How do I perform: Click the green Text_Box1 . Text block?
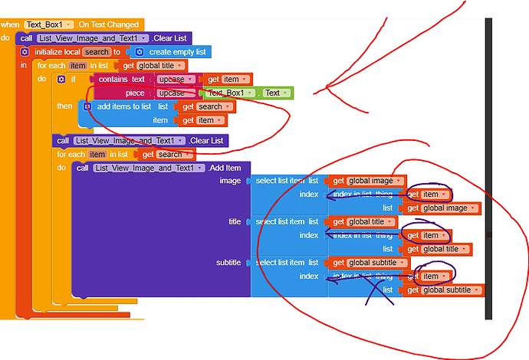(245, 93)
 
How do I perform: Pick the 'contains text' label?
(122, 80)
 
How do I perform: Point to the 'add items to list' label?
(125, 106)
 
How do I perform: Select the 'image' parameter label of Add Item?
(230, 181)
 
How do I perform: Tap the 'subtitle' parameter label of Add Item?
(228, 263)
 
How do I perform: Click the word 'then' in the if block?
(64, 106)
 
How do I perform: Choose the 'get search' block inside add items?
(205, 106)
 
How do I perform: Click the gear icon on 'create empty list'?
(139, 51)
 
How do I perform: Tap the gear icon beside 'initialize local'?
(24, 51)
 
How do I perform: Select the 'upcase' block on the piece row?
(173, 93)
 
